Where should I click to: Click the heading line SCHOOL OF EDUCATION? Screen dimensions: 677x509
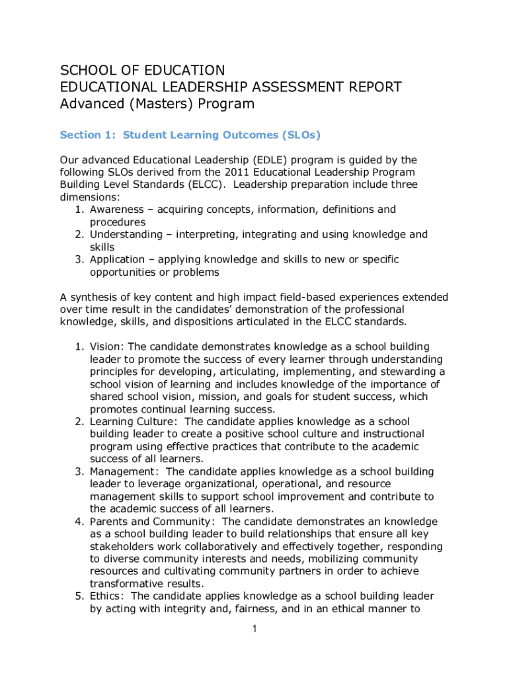point(142,70)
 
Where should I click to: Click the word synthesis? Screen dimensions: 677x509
point(93,297)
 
